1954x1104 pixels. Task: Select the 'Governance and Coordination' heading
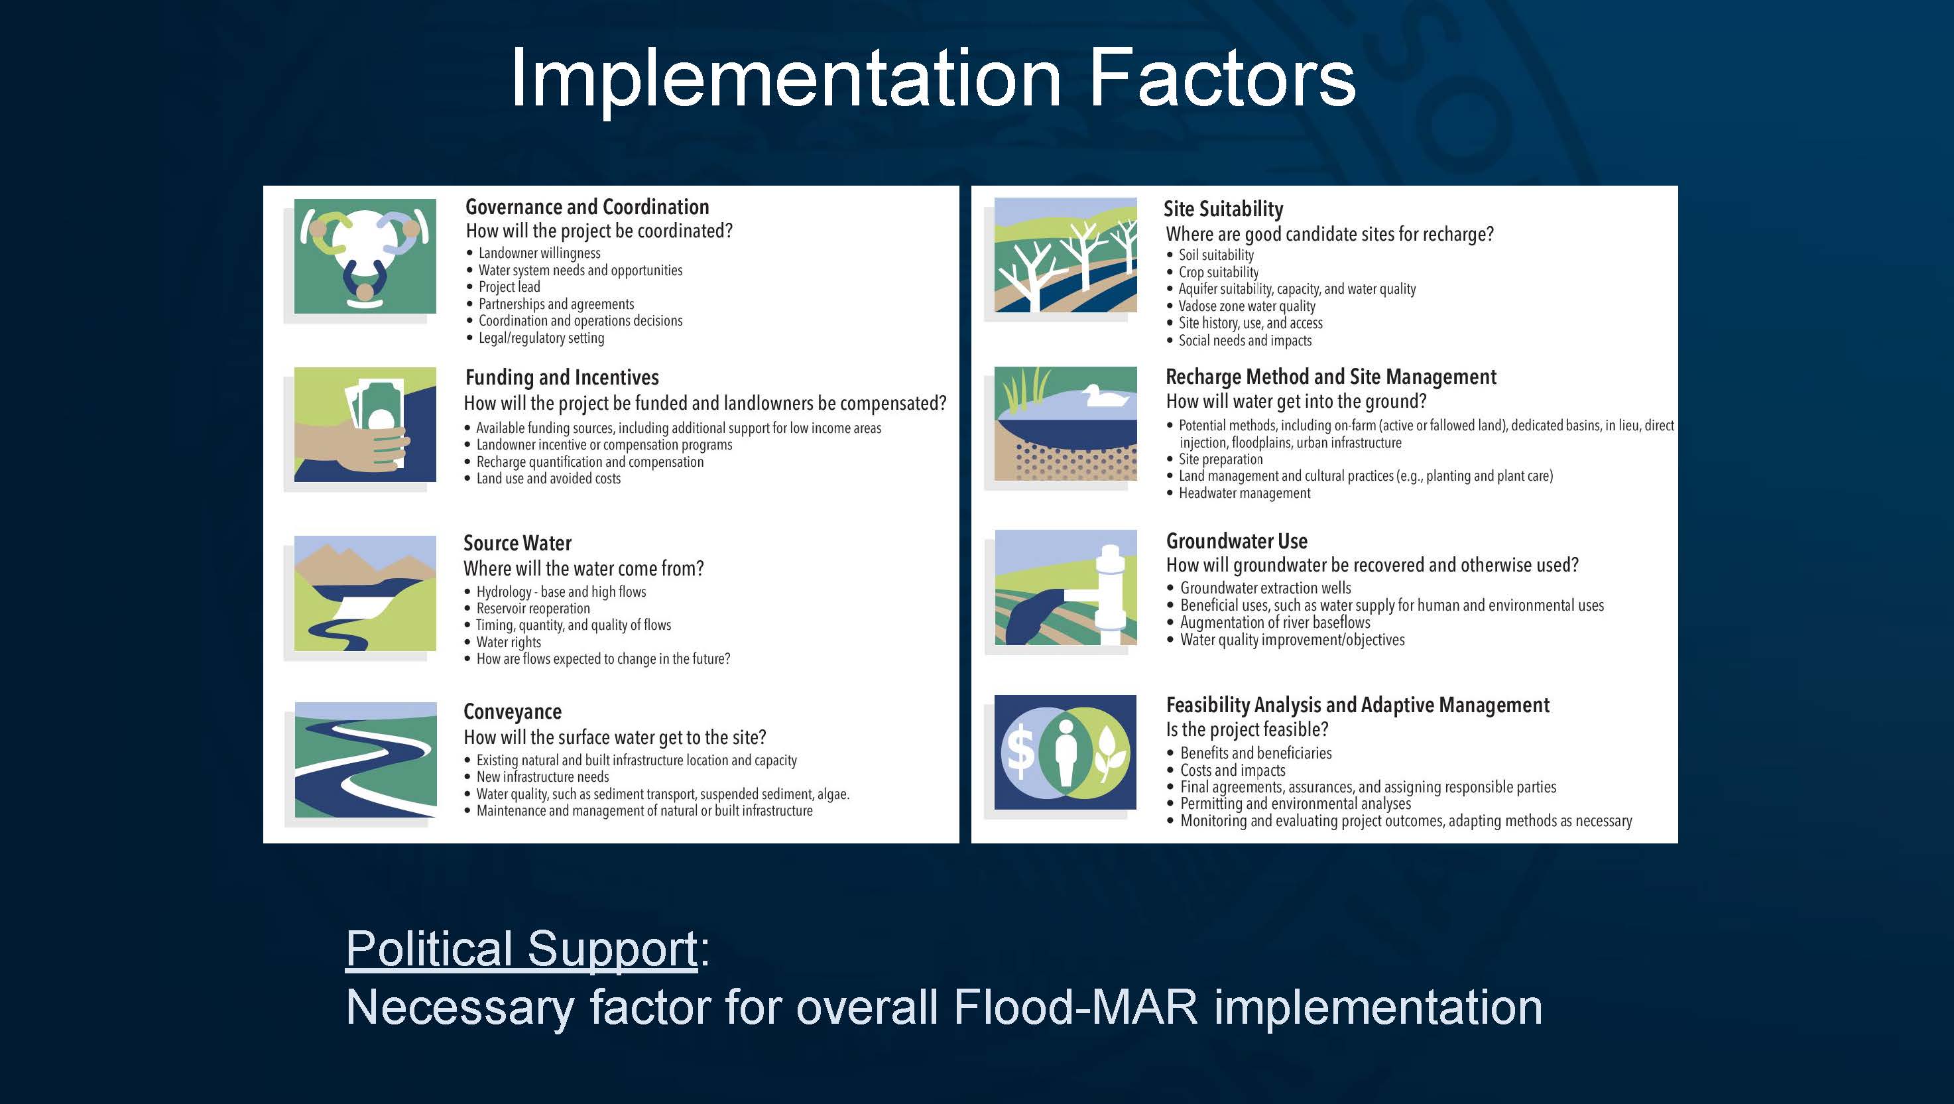pyautogui.click(x=587, y=206)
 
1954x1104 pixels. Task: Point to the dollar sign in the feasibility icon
pyautogui.click(x=1020, y=753)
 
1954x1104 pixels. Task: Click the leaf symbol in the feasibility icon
pyautogui.click(x=1109, y=754)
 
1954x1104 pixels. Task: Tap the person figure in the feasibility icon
pyautogui.click(x=1065, y=753)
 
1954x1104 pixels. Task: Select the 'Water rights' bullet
pyautogui.click(x=508, y=642)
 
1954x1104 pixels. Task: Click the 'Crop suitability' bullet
pyautogui.click(x=1218, y=272)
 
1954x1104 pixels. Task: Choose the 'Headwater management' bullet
pyautogui.click(x=1244, y=493)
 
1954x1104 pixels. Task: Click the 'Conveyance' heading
pyautogui.click(x=513, y=711)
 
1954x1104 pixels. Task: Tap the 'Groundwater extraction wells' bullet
pyautogui.click(x=1265, y=588)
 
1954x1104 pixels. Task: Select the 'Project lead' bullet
pyautogui.click(x=509, y=287)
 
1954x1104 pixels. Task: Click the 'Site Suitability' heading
pyautogui.click(x=1223, y=209)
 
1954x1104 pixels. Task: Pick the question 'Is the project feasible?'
pyautogui.click(x=1247, y=729)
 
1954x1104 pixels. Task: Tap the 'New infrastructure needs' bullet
pyautogui.click(x=542, y=777)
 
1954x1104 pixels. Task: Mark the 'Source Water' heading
pyautogui.click(x=517, y=543)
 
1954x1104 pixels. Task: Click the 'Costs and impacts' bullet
pyautogui.click(x=1233, y=770)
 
